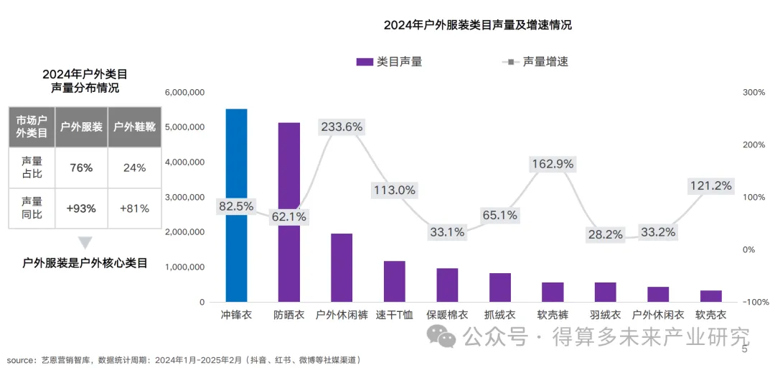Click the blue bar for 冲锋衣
click(236, 244)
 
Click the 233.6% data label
click(342, 127)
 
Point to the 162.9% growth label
click(553, 164)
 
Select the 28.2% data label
click(606, 234)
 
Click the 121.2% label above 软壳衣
click(711, 185)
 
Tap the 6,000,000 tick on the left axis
click(185, 93)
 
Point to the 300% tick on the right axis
click(753, 93)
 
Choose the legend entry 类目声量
click(390, 62)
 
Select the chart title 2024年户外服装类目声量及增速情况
click(477, 25)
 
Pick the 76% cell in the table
click(81, 167)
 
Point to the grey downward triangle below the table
click(85, 243)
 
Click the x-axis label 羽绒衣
click(606, 315)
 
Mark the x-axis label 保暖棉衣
click(447, 315)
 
